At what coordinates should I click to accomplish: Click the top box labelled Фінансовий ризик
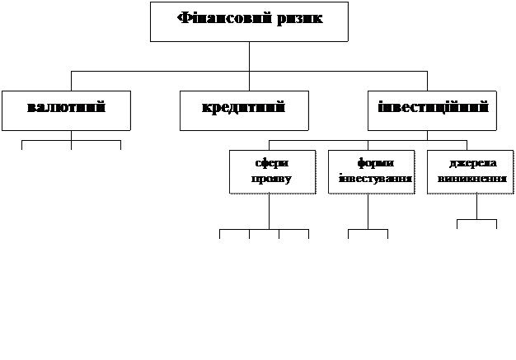point(249,21)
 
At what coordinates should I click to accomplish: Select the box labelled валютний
point(66,110)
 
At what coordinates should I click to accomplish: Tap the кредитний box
point(244,110)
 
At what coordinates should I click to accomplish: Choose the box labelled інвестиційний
point(432,110)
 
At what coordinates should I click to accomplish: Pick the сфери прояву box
point(272,171)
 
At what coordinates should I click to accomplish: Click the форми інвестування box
point(370,171)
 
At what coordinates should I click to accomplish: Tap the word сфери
point(271,164)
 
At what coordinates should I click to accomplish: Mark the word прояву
point(271,179)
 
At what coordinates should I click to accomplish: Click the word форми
point(371,164)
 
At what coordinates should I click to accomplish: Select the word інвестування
point(371,179)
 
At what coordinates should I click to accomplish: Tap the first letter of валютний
point(31,109)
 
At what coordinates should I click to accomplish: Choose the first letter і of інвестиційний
point(380,108)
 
